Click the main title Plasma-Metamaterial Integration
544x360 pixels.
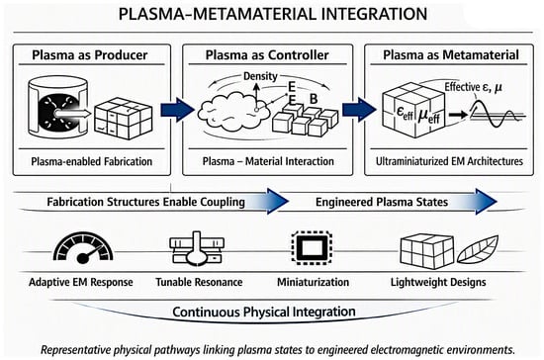tap(273, 14)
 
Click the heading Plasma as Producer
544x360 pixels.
tap(90, 54)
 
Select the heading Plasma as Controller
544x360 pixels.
tap(267, 54)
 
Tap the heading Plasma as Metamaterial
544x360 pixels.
tap(451, 54)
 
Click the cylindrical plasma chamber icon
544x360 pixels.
tap(57, 107)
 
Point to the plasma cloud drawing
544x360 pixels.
tap(233, 111)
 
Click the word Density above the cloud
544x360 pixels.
tap(260, 76)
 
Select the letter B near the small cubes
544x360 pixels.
tap(314, 99)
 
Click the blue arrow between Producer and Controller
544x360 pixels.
tap(177, 110)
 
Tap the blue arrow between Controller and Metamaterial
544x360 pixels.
tap(359, 110)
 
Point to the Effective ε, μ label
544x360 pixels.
tap(473, 87)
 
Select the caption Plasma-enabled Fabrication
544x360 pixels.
tap(92, 161)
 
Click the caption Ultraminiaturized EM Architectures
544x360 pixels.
tap(449, 161)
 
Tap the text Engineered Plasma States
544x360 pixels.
tap(382, 202)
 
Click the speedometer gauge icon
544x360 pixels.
tap(83, 247)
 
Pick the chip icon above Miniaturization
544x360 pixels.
tap(312, 247)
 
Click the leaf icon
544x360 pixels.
tap(478, 249)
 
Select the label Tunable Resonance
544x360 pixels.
tap(199, 282)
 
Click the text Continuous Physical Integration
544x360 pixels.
tap(264, 312)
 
